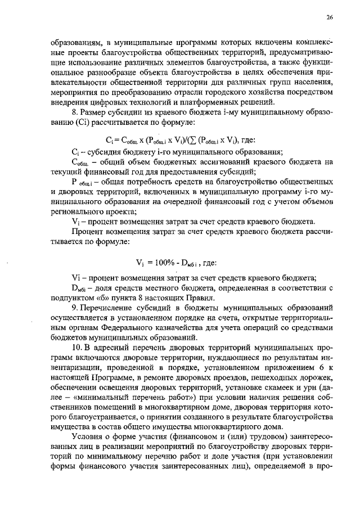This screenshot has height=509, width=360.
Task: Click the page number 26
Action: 329,18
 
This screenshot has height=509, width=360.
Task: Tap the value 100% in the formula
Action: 163,262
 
